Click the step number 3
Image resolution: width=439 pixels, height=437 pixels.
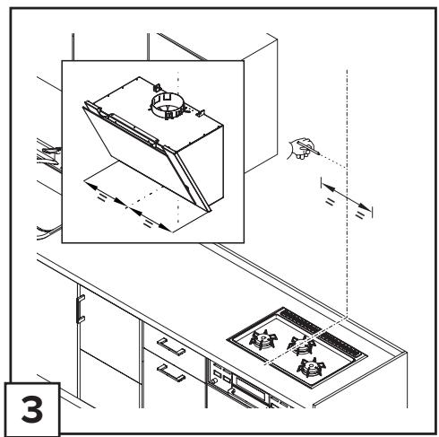click(x=32, y=409)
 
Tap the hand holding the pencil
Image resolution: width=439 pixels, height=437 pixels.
click(x=299, y=149)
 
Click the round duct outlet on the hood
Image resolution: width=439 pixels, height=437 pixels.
click(x=168, y=106)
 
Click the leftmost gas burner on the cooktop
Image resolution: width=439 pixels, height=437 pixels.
click(x=263, y=338)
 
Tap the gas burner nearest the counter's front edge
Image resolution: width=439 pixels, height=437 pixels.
click(x=311, y=366)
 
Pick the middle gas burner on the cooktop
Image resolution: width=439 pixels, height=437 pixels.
click(x=302, y=345)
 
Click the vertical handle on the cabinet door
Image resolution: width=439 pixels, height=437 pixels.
click(x=81, y=309)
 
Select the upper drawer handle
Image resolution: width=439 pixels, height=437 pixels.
click(x=171, y=346)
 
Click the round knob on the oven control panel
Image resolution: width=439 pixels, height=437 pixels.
click(x=214, y=381)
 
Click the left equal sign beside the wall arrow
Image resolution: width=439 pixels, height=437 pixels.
click(x=330, y=202)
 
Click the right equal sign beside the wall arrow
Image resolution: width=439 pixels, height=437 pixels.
click(x=360, y=214)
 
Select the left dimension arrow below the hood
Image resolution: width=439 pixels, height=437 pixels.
click(x=106, y=194)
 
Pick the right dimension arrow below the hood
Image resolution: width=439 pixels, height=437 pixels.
click(x=151, y=219)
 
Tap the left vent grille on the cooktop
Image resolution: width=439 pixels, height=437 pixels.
click(x=300, y=321)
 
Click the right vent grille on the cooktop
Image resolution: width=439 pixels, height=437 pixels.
click(x=340, y=344)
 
